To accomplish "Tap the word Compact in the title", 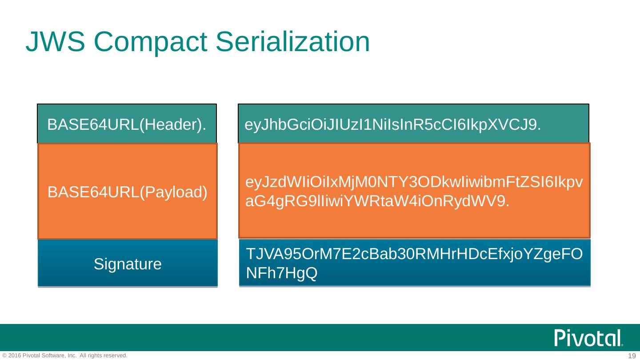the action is pyautogui.click(x=151, y=42).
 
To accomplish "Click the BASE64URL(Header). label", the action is pyautogui.click(x=127, y=125).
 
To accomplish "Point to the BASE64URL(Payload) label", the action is pyautogui.click(x=128, y=192).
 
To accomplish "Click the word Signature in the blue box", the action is pyautogui.click(x=128, y=264).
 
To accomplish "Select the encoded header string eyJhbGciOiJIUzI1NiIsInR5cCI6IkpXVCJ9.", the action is pyautogui.click(x=393, y=125).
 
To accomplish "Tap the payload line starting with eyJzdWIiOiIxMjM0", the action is pyautogui.click(x=414, y=182).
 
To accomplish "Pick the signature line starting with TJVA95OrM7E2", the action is pyautogui.click(x=414, y=254).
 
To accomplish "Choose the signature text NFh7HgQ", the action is pyautogui.click(x=281, y=273).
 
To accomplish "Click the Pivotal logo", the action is pyautogui.click(x=588, y=338).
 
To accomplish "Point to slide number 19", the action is pyautogui.click(x=632, y=356).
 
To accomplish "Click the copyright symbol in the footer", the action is pyautogui.click(x=4, y=356).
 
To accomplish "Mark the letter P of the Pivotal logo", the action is pyautogui.click(x=561, y=338).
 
